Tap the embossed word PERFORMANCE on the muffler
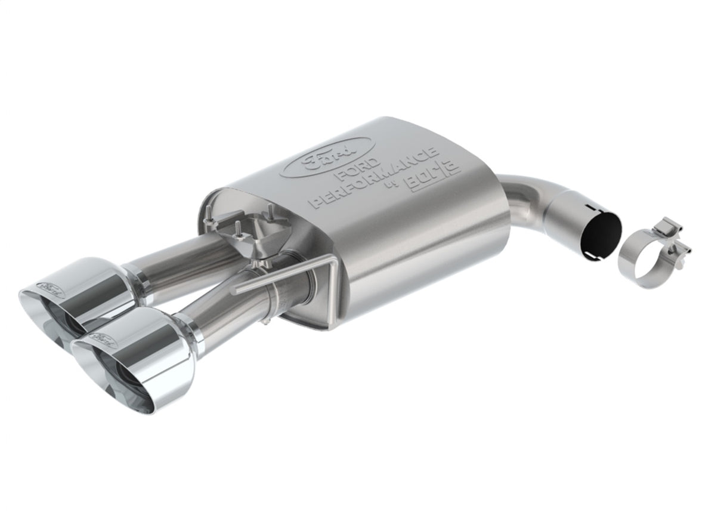pos(374,180)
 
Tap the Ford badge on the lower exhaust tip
pos(101,340)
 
